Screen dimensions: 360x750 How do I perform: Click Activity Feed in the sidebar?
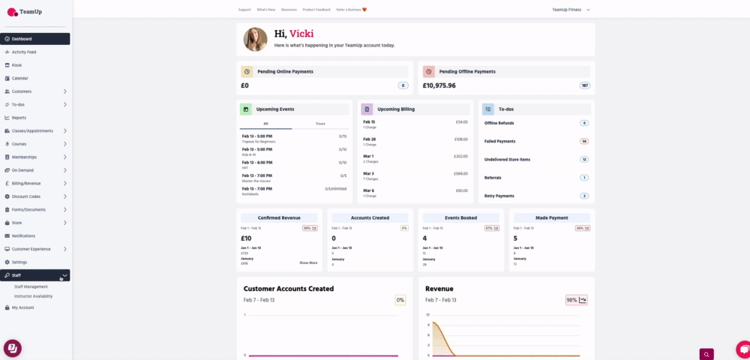coord(24,52)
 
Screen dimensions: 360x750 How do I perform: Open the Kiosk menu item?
coord(16,65)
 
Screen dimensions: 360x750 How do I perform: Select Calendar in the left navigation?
coord(19,78)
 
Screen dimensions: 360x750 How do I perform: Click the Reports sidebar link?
coord(19,118)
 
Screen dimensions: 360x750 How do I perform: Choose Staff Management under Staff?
coord(31,286)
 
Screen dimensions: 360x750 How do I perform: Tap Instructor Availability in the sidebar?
coord(34,295)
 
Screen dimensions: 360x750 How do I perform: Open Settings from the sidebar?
coord(19,262)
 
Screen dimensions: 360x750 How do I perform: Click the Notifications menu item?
coord(23,235)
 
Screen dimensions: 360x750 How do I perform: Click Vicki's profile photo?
coord(255,40)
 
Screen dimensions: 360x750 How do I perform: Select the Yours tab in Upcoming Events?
coord(320,123)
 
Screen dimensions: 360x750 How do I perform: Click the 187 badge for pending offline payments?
coord(584,85)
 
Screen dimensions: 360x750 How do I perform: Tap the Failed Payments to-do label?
coord(499,141)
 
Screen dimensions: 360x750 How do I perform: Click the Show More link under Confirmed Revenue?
coord(308,262)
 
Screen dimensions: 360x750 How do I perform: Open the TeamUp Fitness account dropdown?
coord(571,10)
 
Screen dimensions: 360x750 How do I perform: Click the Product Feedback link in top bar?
coord(317,10)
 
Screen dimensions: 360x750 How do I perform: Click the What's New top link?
coord(265,10)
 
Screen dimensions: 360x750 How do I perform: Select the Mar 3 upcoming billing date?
coord(369,173)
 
